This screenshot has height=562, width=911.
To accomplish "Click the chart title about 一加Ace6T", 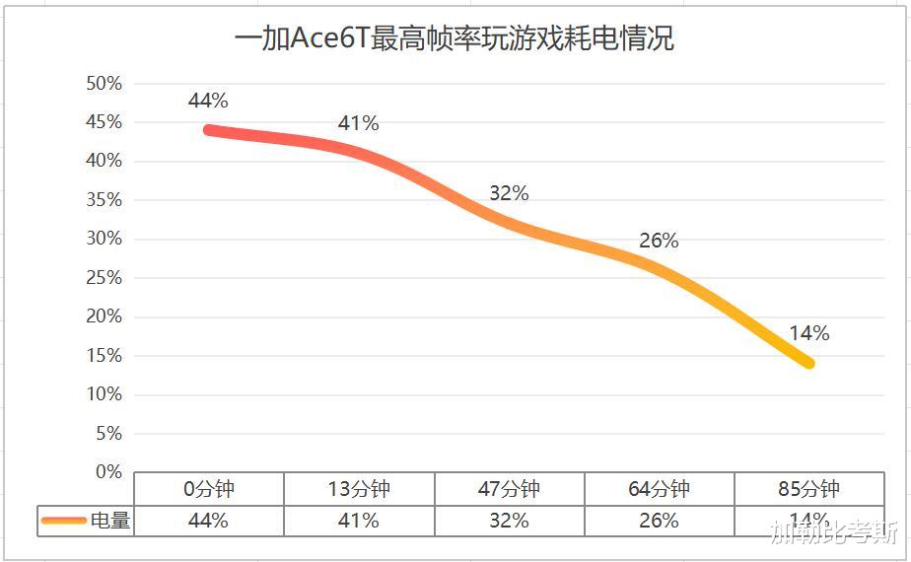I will pos(455,39).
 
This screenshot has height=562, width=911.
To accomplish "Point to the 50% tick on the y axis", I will pos(104,84).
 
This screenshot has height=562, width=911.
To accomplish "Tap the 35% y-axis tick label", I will pos(104,200).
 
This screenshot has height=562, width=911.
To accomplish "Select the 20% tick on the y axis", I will pos(104,316).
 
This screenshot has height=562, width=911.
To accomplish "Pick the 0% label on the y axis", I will pos(107,472).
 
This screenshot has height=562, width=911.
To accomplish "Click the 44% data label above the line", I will pos(208,101).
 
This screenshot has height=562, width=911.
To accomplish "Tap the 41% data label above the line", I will pos(358,123).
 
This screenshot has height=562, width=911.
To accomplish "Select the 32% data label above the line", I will pos(509,193).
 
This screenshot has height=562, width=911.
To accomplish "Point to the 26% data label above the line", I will pos(659,241).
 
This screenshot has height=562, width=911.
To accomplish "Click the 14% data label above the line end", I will pos(808,333).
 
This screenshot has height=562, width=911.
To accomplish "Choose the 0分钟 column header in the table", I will pos(208,489).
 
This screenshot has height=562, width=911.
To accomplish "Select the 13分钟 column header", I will pos(359,489).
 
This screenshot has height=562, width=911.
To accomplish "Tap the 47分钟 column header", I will pos(509,489).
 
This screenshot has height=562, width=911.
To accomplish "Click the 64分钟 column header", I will pos(659,489).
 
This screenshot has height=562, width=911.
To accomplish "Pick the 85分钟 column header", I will pos(808,489).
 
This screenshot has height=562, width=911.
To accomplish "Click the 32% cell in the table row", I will pos(509,521).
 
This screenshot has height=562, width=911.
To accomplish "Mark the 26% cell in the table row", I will pos(659,521).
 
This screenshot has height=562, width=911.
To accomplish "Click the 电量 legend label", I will pos(110,521).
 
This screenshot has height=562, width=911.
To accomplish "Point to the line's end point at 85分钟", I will pos(808,363).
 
